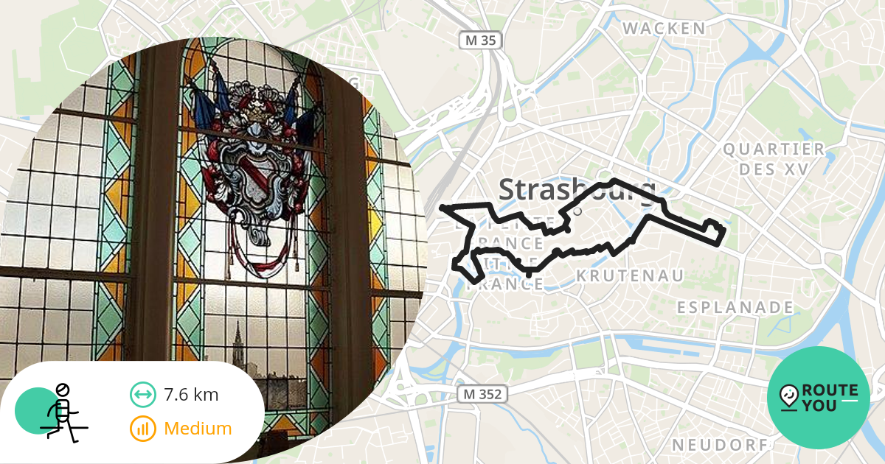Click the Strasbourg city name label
(x=577, y=190)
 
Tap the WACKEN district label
(x=664, y=29)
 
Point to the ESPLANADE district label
(x=736, y=307)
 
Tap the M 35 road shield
(x=480, y=40)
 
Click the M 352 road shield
(x=483, y=394)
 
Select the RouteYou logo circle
(x=819, y=398)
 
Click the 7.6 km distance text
(x=191, y=395)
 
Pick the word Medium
(x=198, y=429)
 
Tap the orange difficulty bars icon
(x=142, y=429)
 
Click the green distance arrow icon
(x=142, y=395)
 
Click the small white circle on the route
(x=577, y=211)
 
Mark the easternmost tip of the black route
(x=726, y=231)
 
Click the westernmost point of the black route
(x=442, y=208)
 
